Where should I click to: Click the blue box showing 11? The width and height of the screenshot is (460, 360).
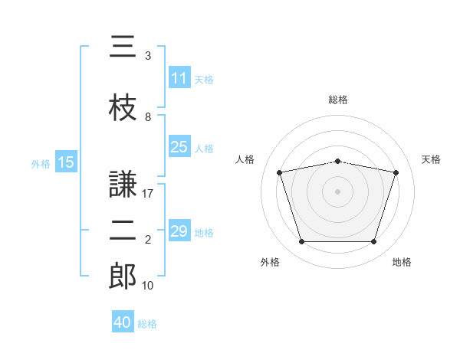click(179, 78)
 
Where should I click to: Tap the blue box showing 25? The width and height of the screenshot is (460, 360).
click(179, 147)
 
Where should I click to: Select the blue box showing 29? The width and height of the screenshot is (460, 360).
click(179, 231)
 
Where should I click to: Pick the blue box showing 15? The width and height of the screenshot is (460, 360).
click(65, 162)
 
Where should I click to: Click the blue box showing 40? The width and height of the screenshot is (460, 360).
click(123, 322)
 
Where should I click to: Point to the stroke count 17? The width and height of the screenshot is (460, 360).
click(148, 195)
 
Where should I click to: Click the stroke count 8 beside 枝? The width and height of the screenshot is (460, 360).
click(147, 118)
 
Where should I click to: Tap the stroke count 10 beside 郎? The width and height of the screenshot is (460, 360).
click(148, 286)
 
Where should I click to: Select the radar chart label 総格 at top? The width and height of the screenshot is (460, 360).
click(338, 100)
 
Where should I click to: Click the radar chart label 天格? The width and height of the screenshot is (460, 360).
click(432, 159)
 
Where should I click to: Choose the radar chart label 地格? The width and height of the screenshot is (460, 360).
click(402, 262)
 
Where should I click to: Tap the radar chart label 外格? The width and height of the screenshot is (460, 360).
click(270, 262)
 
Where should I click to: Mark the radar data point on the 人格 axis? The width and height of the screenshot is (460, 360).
click(280, 172)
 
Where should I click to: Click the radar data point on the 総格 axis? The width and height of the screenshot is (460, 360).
click(338, 161)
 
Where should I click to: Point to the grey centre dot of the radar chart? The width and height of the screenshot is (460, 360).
click(338, 191)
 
